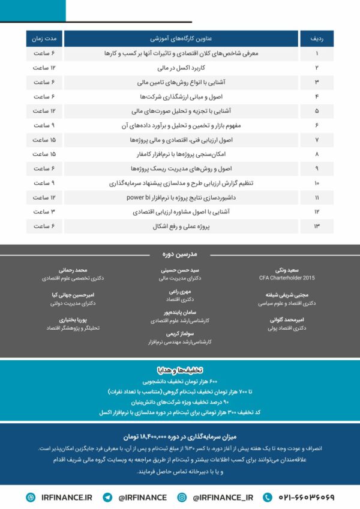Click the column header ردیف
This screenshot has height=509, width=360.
316,38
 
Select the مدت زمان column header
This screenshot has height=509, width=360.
44,38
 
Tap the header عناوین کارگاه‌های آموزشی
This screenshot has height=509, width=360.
181,38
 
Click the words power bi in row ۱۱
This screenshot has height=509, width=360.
139,197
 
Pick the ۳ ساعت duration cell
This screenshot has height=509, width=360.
44,212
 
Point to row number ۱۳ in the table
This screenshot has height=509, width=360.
316,226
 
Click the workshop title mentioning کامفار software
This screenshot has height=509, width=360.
181,154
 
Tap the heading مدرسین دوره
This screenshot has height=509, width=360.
179,254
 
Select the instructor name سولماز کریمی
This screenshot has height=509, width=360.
181,333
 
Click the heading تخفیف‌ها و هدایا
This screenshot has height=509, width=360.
180,369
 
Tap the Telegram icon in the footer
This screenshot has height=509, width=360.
108,497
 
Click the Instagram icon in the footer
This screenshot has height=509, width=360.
182,497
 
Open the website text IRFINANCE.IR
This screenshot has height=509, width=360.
67,497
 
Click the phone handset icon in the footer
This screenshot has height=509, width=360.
268,497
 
